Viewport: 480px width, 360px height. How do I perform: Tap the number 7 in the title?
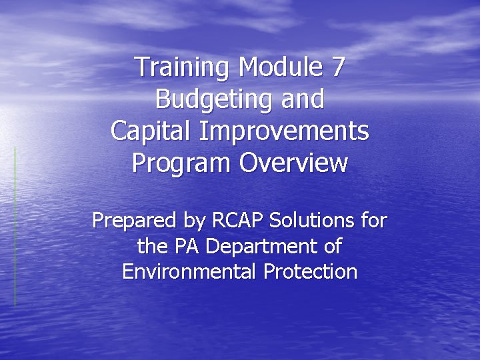coord(337,68)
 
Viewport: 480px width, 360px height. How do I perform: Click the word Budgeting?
coord(211,100)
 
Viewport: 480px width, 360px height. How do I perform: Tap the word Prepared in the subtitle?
coord(132,220)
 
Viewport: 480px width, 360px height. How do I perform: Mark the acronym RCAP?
coord(232,220)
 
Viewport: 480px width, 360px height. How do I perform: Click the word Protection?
coord(309,272)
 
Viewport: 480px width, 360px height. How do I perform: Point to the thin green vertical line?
coord(15,227)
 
